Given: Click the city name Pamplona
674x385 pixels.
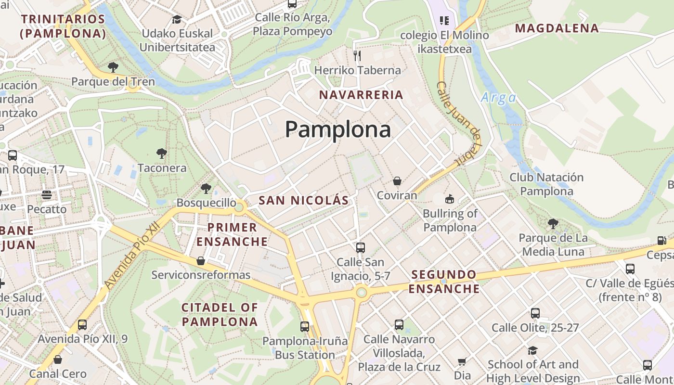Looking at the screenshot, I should (337, 129).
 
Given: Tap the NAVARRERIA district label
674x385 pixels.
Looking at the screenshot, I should (361, 95).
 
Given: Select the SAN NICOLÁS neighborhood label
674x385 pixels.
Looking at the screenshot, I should (303, 201).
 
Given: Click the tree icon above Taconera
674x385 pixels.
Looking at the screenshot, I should (162, 154).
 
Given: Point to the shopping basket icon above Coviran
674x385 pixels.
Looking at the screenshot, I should (397, 181).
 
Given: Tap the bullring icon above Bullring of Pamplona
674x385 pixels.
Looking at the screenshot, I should (450, 199).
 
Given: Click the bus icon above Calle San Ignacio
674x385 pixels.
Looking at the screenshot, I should (360, 248).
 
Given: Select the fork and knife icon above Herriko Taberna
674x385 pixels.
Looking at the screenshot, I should (357, 56).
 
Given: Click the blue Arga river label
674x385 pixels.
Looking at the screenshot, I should (498, 98).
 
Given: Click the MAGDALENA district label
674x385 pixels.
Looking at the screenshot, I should (557, 28).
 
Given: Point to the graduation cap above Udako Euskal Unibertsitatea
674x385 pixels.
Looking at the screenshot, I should (177, 20).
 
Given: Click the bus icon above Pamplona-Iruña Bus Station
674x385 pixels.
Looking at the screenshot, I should (305, 327).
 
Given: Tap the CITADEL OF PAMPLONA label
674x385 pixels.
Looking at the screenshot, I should (220, 314).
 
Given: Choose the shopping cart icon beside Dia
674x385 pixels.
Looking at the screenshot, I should (462, 361).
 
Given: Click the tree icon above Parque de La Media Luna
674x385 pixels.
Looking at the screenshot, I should (553, 224).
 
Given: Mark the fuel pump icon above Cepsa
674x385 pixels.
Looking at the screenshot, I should (662, 241).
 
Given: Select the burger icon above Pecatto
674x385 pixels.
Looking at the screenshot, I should (47, 195).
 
